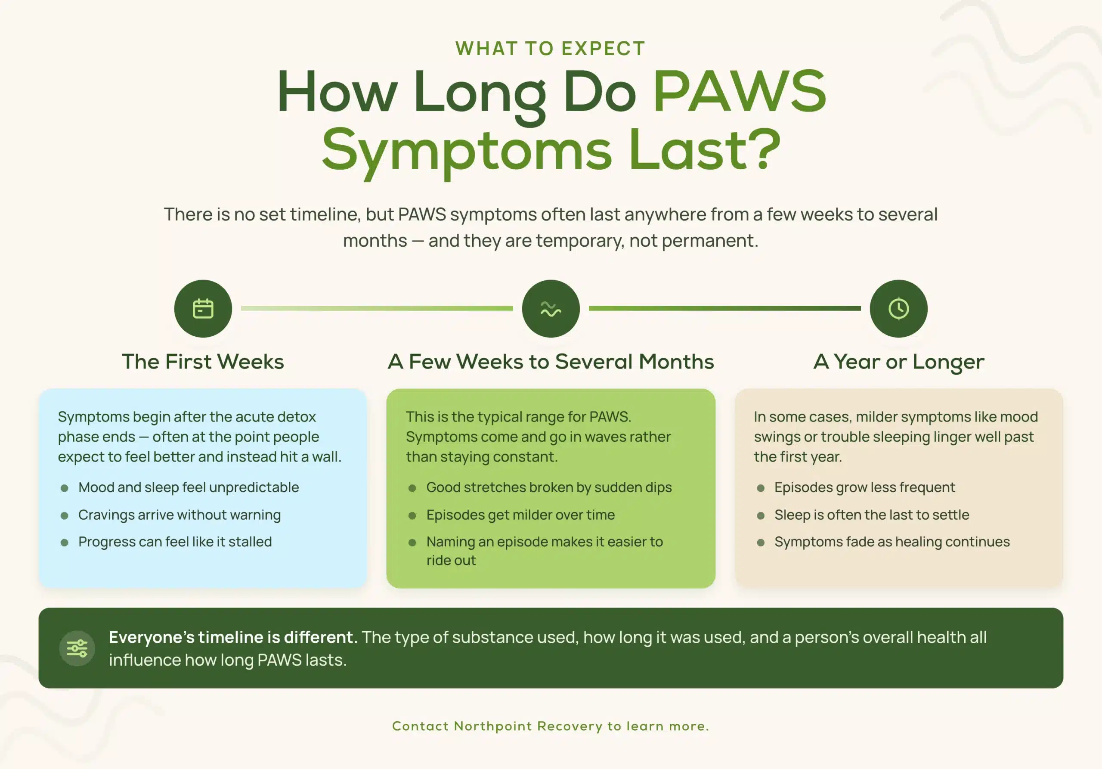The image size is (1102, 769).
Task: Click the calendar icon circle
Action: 203,309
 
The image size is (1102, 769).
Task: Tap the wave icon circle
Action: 551,309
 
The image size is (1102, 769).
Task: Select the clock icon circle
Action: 898,309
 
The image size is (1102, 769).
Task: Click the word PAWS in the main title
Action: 740,91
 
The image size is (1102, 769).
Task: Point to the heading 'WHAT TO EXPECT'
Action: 551,49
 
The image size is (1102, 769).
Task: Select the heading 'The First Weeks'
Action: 203,361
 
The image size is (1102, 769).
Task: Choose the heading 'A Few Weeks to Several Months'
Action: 551,361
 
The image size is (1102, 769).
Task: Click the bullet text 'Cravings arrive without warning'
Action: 180,515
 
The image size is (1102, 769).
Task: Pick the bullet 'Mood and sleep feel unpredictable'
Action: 189,487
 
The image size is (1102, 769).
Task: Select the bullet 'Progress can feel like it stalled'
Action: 175,542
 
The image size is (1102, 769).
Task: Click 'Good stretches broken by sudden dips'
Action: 549,487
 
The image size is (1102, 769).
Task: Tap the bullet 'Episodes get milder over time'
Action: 521,515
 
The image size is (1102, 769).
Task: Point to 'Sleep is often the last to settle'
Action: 872,515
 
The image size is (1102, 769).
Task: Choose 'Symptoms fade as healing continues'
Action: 892,542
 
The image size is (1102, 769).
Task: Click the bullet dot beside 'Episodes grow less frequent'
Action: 761,488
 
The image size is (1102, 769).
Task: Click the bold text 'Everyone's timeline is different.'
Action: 233,637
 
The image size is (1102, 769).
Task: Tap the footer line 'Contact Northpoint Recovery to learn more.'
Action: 551,726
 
